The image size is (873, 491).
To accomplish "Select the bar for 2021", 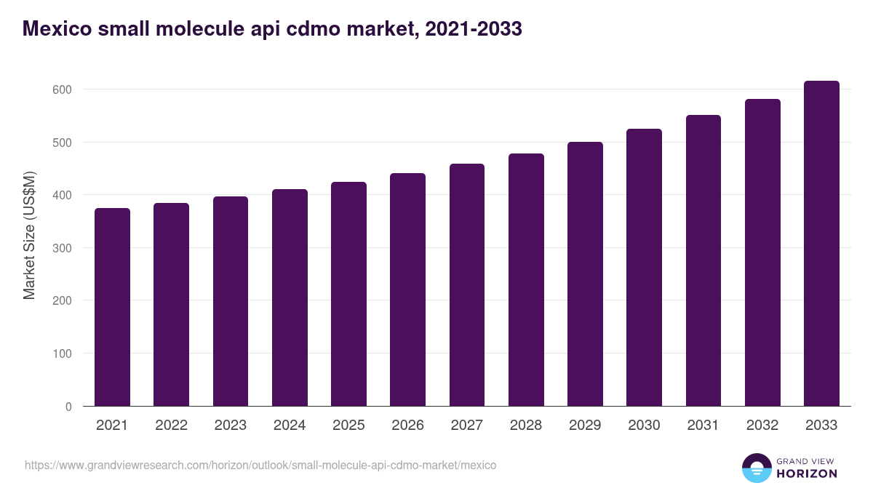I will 112,307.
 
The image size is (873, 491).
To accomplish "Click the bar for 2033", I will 821,244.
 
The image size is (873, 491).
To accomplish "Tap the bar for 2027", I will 467,285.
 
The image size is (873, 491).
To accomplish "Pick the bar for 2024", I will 290,298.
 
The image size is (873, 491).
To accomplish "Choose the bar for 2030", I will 644,268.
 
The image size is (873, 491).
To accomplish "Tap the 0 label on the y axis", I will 68,407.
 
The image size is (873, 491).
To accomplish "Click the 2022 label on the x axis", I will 171,426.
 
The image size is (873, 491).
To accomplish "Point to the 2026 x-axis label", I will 407,426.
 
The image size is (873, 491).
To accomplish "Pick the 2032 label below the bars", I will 762,426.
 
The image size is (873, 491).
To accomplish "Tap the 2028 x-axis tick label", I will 526,426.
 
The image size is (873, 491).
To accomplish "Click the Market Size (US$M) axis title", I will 29,235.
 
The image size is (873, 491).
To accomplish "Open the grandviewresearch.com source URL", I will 260,465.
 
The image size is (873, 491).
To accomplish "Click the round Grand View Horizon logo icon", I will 757,468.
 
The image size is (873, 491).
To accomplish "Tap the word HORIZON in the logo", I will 807,474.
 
